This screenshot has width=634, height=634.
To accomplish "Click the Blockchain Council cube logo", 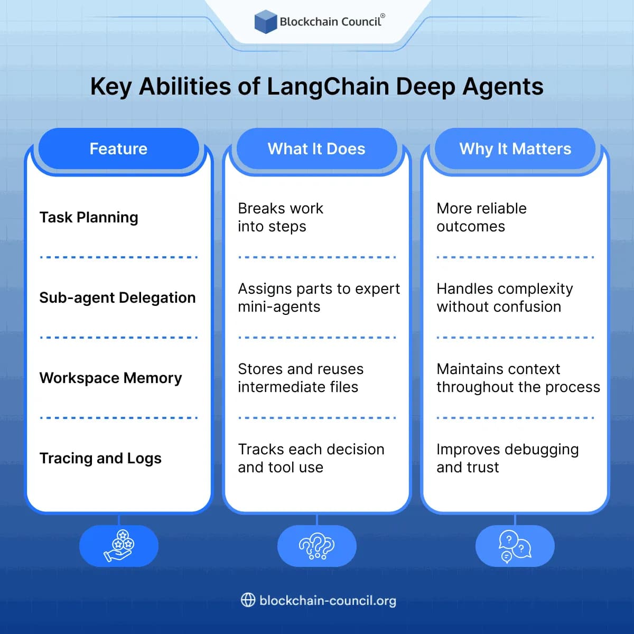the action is point(265,22).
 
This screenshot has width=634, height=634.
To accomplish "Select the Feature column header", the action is point(118,149).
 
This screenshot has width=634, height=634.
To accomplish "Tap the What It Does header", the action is point(316,149).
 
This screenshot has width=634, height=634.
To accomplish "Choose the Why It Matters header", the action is point(515,149).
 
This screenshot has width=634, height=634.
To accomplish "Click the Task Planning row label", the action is point(89,217).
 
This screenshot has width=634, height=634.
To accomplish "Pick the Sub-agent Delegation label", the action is point(117,297).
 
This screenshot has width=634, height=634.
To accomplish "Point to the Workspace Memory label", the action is point(110,378).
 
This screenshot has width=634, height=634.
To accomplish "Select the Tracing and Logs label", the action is point(100,458).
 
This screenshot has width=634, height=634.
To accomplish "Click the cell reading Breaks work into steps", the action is point(280,217).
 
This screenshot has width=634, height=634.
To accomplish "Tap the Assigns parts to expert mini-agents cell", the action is point(319,297).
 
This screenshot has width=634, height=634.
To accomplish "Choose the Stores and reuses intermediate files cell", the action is point(300,378).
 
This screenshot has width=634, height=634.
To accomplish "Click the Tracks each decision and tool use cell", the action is point(311,458).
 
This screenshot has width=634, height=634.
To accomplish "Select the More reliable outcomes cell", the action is point(481,217).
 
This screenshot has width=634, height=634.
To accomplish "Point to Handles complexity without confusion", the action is point(505,297).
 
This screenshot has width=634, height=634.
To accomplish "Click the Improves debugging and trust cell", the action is point(507,458).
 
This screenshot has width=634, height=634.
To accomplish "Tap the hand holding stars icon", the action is point(119,546).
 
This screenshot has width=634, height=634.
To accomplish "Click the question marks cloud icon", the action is point(316,546).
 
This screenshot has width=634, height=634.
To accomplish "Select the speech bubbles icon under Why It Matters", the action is point(515,546).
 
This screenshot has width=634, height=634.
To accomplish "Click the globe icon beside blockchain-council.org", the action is point(248,600).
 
